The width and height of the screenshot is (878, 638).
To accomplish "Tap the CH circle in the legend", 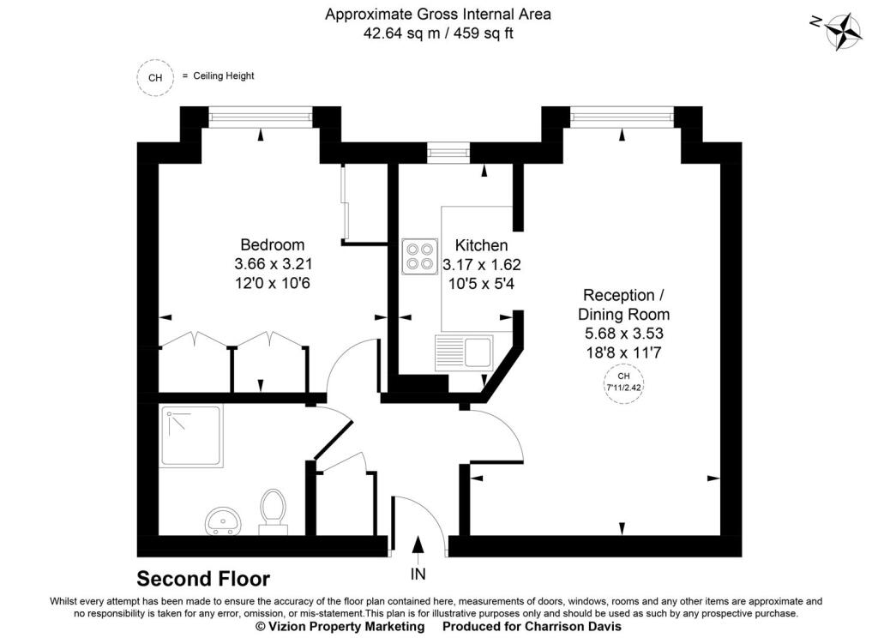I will click(x=155, y=77).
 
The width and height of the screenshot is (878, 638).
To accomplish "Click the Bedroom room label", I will click(x=272, y=245).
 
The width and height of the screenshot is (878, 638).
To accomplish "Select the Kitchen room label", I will click(x=481, y=245).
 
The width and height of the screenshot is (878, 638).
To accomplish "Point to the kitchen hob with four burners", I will click(x=419, y=256).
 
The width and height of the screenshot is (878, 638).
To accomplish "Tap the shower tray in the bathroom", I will click(x=190, y=436).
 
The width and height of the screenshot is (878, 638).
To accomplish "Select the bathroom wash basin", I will click(x=224, y=520).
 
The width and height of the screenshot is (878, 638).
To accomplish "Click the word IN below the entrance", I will click(x=418, y=574).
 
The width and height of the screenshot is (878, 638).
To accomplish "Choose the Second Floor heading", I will click(x=203, y=579).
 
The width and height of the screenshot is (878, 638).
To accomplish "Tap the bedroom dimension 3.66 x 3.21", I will click(x=273, y=264).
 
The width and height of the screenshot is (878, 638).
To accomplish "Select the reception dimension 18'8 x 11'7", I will click(x=622, y=351).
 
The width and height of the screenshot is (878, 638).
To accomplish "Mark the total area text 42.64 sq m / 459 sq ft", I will click(x=438, y=34).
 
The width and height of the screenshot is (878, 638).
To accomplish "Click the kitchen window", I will click(x=449, y=153).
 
